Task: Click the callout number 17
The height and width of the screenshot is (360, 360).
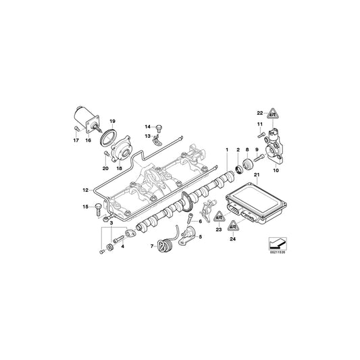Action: coord(76,140)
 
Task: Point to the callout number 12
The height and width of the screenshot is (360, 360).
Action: coord(85,190)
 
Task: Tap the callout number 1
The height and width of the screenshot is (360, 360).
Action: coord(227,149)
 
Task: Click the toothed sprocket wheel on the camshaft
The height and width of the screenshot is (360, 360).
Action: coord(184,203)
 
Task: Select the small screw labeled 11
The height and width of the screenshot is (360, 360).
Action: coord(259,135)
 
